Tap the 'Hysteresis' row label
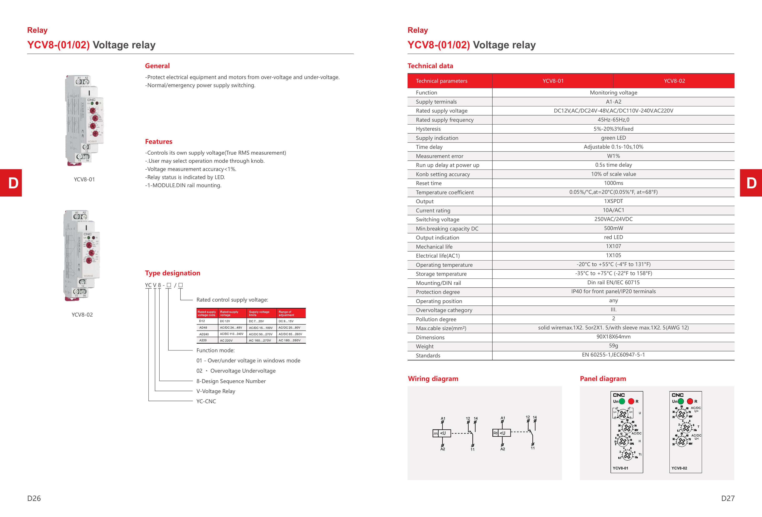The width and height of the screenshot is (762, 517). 428,129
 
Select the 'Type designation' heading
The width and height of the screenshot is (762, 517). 173,273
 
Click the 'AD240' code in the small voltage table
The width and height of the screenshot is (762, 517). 204,334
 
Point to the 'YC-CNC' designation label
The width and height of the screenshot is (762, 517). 206,401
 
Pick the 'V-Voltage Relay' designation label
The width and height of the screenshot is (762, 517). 216,391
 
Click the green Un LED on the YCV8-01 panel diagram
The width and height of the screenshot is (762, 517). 622,401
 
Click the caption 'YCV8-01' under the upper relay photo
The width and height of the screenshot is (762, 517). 84,179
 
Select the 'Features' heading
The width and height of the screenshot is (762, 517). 159,142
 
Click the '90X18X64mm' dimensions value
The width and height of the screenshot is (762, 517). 613,337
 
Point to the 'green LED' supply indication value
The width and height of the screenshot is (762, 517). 613,138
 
